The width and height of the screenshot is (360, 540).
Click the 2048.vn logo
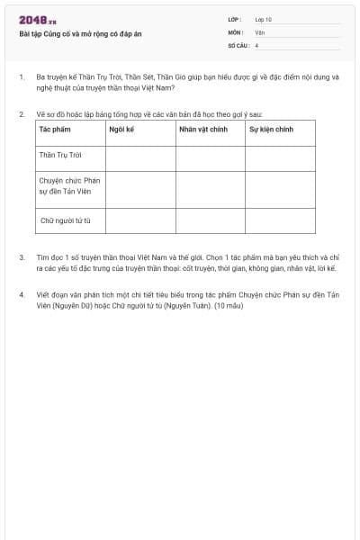point(38,20)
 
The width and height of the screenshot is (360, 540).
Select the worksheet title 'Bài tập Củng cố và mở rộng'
point(80,33)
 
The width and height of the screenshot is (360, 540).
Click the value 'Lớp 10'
point(263,19)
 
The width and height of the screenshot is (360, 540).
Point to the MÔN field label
point(235,31)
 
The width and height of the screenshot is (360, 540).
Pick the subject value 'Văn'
point(259,31)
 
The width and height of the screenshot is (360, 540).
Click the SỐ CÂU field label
point(238,44)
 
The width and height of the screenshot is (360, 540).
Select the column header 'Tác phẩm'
point(55,130)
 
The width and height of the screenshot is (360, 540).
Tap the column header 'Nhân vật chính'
point(200,130)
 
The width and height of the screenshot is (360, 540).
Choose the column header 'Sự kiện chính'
point(271,130)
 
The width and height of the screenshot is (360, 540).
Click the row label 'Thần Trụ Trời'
point(59,155)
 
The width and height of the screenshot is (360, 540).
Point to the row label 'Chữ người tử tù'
point(66,220)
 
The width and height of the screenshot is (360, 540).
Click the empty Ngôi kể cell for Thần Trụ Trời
point(140,157)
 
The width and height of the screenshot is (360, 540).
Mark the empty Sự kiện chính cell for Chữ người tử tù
point(280,220)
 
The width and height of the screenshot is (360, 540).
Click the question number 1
point(22,77)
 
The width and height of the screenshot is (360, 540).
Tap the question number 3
point(22,257)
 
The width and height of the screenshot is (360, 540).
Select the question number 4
point(22,294)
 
